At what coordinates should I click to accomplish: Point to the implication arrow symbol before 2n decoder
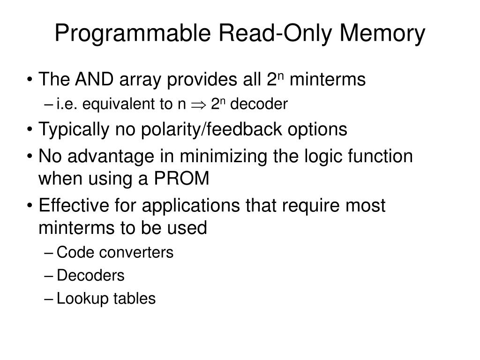(x=197, y=105)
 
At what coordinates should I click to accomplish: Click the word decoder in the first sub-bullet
(x=258, y=105)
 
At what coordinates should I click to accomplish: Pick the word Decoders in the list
(x=90, y=276)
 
